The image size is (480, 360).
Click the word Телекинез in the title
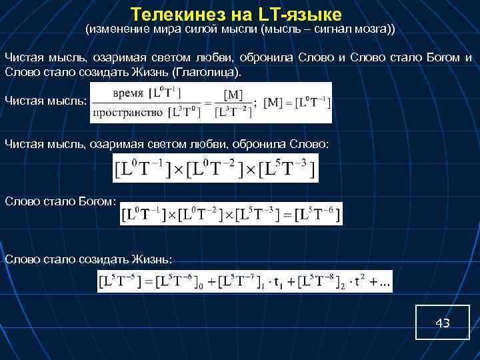171,14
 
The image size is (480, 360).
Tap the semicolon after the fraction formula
256,103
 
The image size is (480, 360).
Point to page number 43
442,323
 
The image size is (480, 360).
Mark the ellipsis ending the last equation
385,284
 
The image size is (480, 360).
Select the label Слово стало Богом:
60,201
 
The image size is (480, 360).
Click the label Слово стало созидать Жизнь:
88,258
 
